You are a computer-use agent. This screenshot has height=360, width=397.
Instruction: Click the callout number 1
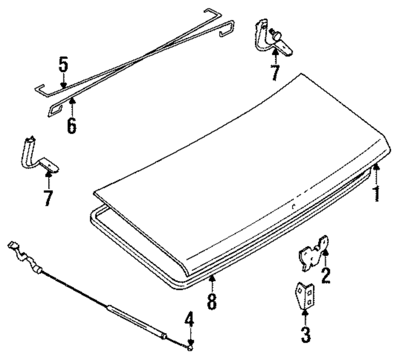pos(376,194)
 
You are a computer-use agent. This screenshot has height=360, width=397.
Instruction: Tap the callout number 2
pos(326,275)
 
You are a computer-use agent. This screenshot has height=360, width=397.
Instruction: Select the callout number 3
pos(305,335)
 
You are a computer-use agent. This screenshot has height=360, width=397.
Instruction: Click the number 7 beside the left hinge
pos(48,198)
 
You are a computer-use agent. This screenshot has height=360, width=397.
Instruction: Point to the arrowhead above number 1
pos(376,168)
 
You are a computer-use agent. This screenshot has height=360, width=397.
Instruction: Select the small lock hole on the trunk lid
pos(293,206)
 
